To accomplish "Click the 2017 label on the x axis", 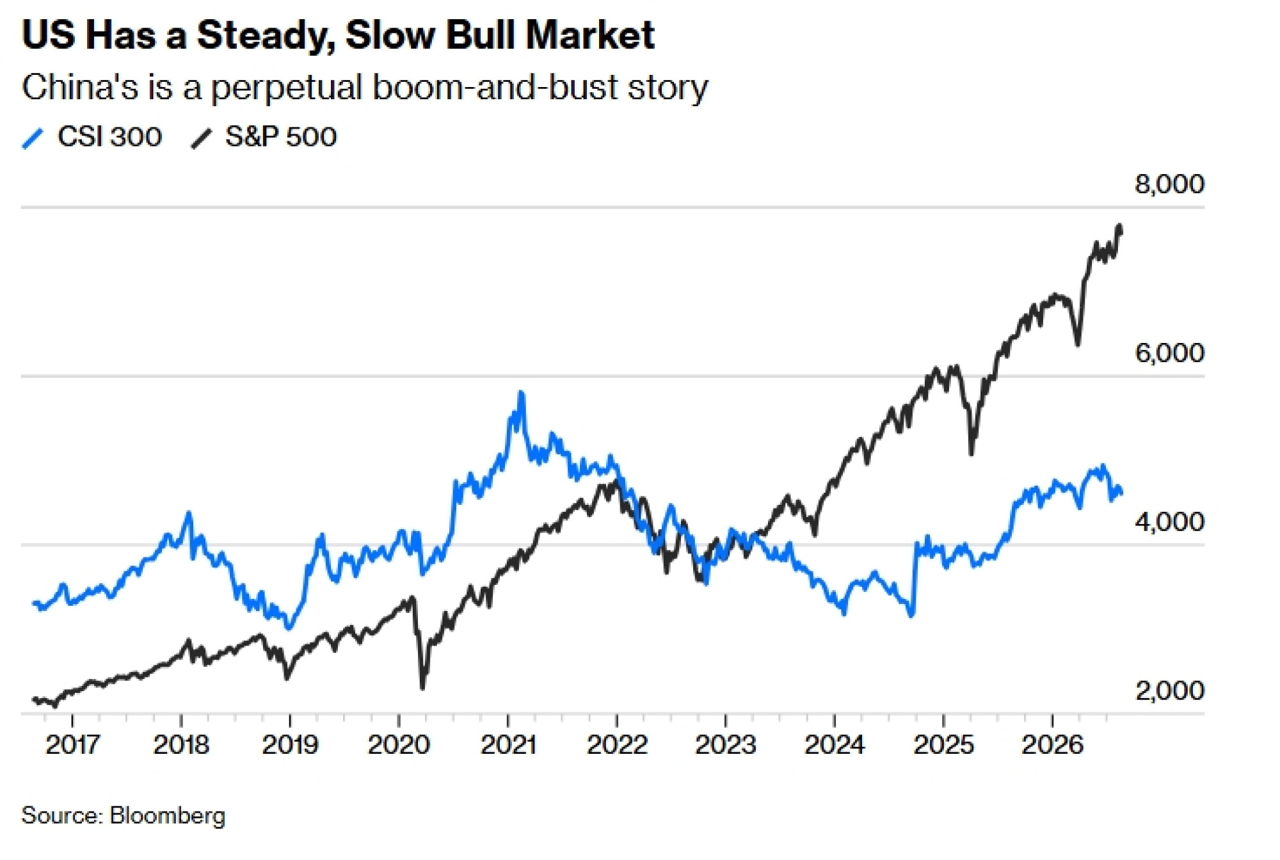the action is click(x=72, y=745).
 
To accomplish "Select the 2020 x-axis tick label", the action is click(x=399, y=745).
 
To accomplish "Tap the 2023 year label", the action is click(x=726, y=745).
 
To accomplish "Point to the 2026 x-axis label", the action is click(x=1052, y=745).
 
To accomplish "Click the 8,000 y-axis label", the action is click(x=1169, y=184).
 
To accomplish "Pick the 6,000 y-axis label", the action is click(x=1169, y=353).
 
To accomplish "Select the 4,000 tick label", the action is click(x=1169, y=522).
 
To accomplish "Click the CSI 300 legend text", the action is click(x=109, y=137).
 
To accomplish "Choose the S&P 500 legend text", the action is click(x=281, y=137).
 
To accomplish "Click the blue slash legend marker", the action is click(x=33, y=138).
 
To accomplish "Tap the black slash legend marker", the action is click(x=201, y=138).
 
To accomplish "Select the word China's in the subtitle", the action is click(x=80, y=87).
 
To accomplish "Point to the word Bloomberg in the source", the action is click(x=168, y=816).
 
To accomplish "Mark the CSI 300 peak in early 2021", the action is click(x=521, y=392).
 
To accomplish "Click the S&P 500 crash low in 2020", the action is click(x=422, y=688).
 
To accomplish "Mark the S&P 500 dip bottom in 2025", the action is click(x=972, y=454).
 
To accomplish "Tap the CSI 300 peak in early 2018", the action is click(x=188, y=513).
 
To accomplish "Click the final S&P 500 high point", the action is click(x=1119, y=226).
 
